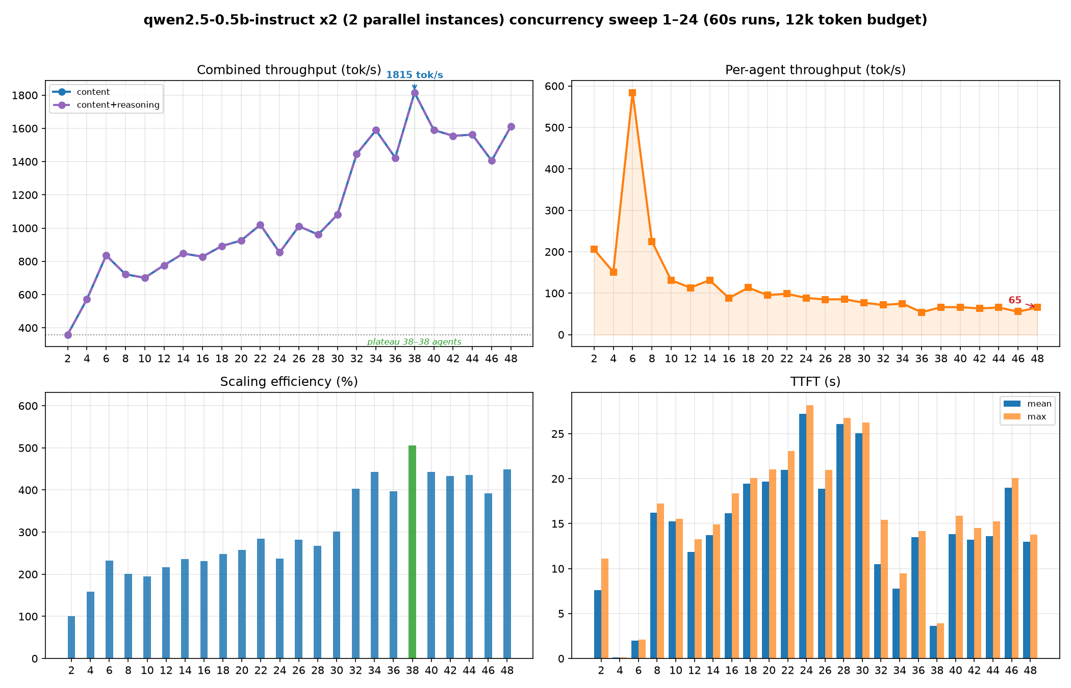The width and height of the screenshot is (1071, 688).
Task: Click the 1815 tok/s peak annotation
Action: point(414,75)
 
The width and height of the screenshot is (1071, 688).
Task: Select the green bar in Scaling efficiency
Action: point(412,552)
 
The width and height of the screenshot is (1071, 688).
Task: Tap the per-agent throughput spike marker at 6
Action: point(632,93)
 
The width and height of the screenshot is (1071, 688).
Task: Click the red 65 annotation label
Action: point(1015,300)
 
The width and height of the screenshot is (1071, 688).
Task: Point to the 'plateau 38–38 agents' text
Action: point(414,342)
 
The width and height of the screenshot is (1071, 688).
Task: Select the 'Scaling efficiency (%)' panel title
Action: point(289,382)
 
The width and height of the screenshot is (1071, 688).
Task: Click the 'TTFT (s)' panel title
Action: point(815,382)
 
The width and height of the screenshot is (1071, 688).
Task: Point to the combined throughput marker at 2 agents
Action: point(68,335)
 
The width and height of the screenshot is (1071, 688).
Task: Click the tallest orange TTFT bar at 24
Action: point(810,532)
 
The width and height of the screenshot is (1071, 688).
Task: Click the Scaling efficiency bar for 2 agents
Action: point(71,637)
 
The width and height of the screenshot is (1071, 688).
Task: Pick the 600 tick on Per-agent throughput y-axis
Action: point(557,86)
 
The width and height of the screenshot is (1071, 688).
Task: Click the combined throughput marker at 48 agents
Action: point(511,126)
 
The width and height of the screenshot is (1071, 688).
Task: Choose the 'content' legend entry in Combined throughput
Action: point(93,92)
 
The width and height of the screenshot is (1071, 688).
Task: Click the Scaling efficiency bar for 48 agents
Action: point(507,564)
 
